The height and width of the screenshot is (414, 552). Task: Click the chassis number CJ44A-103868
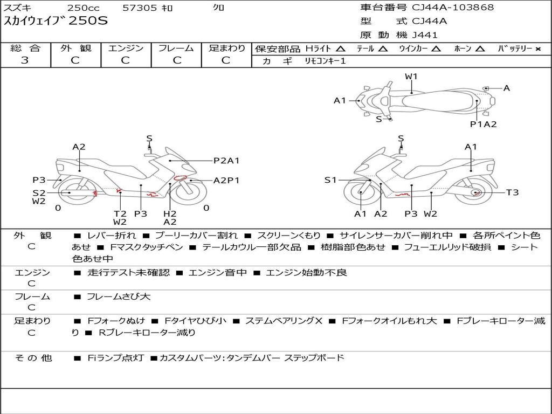tap(453, 8)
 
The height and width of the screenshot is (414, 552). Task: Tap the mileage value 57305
tap(141, 8)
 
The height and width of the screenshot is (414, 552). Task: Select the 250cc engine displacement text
tap(84, 8)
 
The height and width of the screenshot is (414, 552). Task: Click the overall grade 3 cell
tap(25, 60)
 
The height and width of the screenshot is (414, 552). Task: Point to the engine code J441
tap(425, 35)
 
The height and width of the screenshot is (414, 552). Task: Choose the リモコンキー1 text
tap(326, 61)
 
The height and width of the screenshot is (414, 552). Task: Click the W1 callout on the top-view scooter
tap(411, 77)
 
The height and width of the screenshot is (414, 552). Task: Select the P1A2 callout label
tap(483, 124)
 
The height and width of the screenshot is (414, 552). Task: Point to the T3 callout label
tap(512, 192)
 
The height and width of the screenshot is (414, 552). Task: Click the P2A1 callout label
tap(226, 160)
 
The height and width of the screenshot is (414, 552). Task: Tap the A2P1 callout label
tap(226, 181)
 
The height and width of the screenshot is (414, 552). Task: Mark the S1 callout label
tap(330, 180)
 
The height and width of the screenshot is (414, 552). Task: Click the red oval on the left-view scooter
tap(181, 178)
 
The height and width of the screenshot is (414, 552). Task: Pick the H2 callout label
tap(170, 213)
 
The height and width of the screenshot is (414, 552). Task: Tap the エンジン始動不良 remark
tap(306, 273)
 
